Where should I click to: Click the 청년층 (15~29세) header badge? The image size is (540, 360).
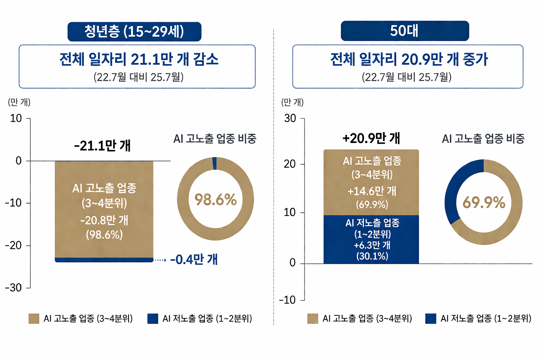[134, 32]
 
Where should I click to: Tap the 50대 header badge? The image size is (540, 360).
[405, 31]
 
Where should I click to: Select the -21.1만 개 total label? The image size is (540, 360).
[102, 145]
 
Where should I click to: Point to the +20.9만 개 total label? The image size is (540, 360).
[371, 138]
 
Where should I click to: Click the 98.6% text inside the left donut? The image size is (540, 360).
[216, 200]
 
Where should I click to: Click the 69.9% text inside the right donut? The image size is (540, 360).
[484, 202]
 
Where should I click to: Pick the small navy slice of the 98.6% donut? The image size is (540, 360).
[214, 163]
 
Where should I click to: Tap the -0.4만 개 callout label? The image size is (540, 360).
[194, 259]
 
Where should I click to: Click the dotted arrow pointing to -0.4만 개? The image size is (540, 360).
[160, 260]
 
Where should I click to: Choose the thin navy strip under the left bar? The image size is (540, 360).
[104, 260]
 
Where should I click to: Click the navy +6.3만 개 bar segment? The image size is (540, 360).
[371, 239]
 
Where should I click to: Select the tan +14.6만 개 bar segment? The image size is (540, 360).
[371, 182]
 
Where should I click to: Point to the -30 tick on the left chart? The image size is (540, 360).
[13, 288]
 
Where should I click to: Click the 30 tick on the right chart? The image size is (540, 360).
[290, 118]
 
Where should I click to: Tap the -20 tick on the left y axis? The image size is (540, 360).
[13, 245]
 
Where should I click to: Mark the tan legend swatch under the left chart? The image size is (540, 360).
[34, 319]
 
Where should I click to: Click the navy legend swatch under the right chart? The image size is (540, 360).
[430, 319]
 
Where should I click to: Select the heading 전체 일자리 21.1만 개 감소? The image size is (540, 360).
[139, 59]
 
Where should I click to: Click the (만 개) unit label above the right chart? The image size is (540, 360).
[292, 102]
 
